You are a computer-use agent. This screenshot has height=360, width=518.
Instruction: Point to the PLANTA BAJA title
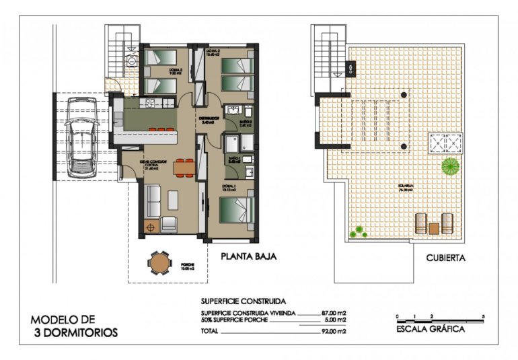pyautogui.click(x=249, y=256)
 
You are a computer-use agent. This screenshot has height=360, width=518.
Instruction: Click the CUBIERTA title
pyautogui.click(x=445, y=258)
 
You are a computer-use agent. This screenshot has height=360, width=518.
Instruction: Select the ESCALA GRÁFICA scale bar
pyautogui.click(x=440, y=316)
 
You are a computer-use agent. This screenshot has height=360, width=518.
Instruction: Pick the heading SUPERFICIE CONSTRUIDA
pyautogui.click(x=244, y=301)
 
